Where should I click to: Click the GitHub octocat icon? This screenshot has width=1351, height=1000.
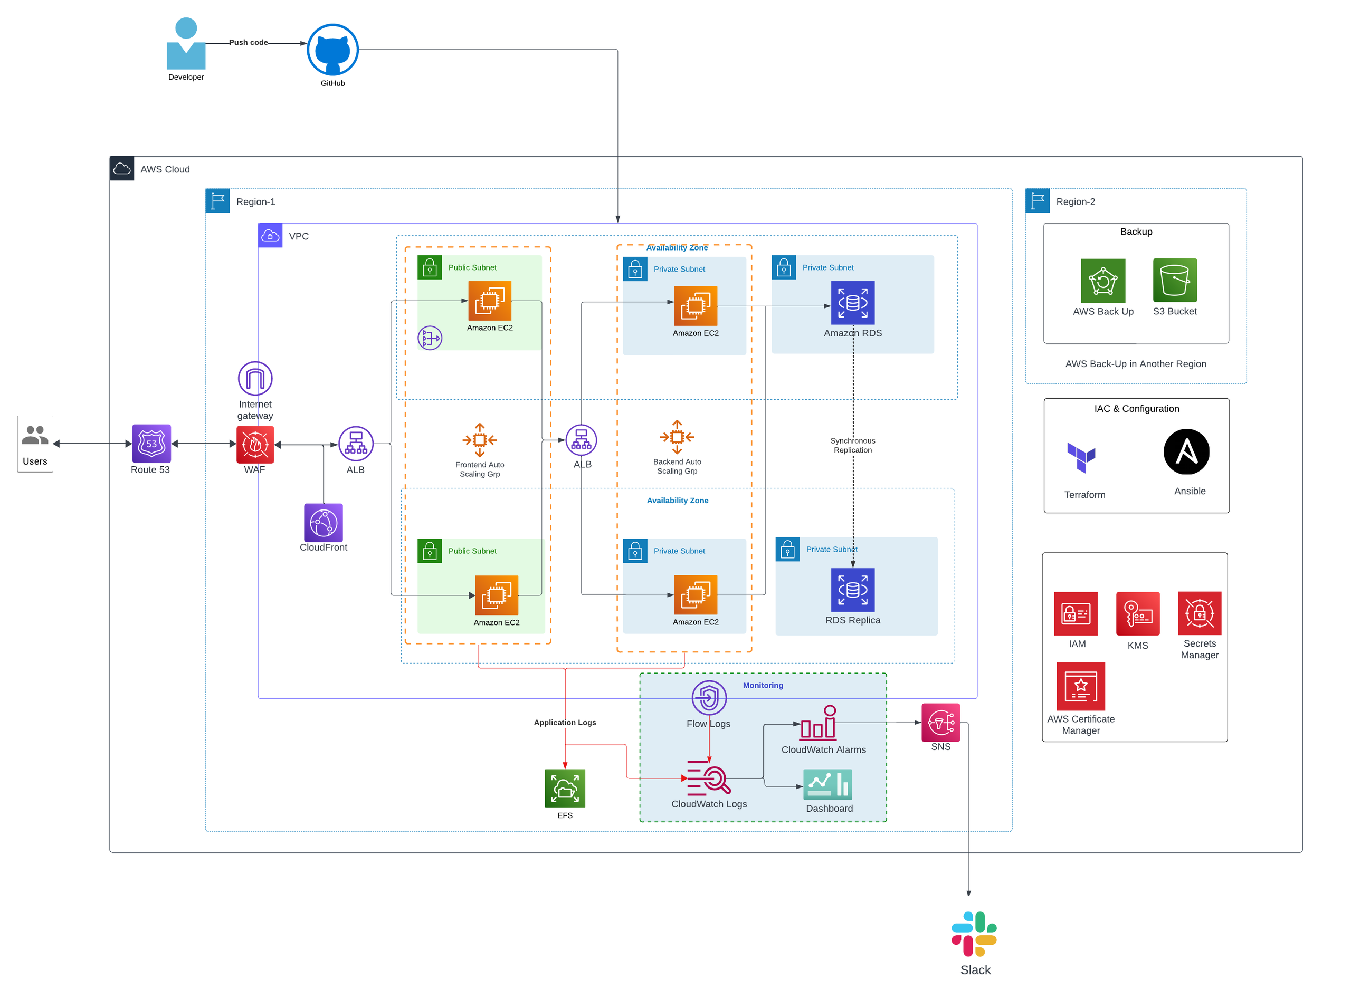point(332,50)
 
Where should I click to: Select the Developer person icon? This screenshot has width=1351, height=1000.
point(186,44)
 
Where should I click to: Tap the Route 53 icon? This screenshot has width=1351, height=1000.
point(151,444)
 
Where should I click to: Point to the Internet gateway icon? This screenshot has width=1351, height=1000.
point(255,379)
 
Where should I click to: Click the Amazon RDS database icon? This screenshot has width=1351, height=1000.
point(853,303)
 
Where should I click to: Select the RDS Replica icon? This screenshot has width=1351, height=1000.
point(853,590)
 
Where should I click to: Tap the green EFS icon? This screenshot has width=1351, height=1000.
point(565,789)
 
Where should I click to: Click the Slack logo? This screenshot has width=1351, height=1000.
point(974,934)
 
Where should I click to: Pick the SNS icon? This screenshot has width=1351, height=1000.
point(940,723)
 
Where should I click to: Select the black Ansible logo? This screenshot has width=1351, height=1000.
point(1186,452)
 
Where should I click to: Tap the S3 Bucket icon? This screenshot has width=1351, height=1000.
point(1175,280)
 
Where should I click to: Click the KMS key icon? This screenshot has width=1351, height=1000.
point(1138,614)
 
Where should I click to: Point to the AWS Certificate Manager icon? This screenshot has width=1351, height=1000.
point(1081,686)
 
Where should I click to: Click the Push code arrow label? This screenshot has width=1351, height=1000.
point(248,42)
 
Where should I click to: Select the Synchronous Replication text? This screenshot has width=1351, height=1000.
point(853,446)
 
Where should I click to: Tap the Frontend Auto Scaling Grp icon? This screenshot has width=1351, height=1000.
point(480,440)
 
